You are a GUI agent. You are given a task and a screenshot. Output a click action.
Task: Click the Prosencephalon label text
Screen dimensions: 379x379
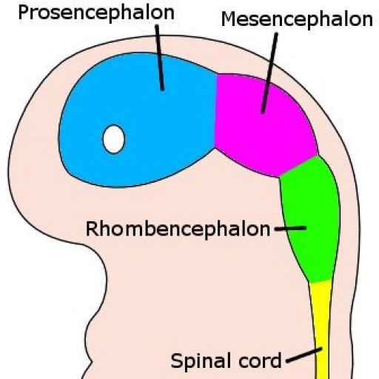pos(96,13)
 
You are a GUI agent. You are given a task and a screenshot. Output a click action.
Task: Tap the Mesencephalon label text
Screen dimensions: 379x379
pos(297,19)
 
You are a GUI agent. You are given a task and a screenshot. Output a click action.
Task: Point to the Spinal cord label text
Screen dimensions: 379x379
pos(226,360)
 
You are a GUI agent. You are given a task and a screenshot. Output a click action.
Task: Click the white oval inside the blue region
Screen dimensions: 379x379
pos(114,139)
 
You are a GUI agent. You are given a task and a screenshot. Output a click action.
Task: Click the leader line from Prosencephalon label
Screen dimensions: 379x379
pos(159,58)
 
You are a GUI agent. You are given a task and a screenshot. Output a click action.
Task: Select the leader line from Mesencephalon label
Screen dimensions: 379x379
pos(269,73)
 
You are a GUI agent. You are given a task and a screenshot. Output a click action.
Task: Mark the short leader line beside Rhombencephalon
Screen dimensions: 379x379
pos(290,229)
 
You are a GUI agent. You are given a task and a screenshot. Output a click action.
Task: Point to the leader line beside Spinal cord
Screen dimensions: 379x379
pos(304,355)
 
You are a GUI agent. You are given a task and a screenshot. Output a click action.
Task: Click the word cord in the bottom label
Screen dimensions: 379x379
pos(260,360)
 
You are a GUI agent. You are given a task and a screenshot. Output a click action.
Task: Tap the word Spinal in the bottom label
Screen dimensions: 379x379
pos(202,360)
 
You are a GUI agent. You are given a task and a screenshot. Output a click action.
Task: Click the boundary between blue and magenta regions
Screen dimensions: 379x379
pos(215,110)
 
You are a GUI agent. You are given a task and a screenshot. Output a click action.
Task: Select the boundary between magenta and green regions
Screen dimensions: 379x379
pos(298,166)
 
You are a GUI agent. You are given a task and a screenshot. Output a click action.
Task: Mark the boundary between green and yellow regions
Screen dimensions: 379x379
pos(321,282)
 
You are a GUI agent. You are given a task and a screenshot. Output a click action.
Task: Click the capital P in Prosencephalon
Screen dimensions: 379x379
pos(24,13)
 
